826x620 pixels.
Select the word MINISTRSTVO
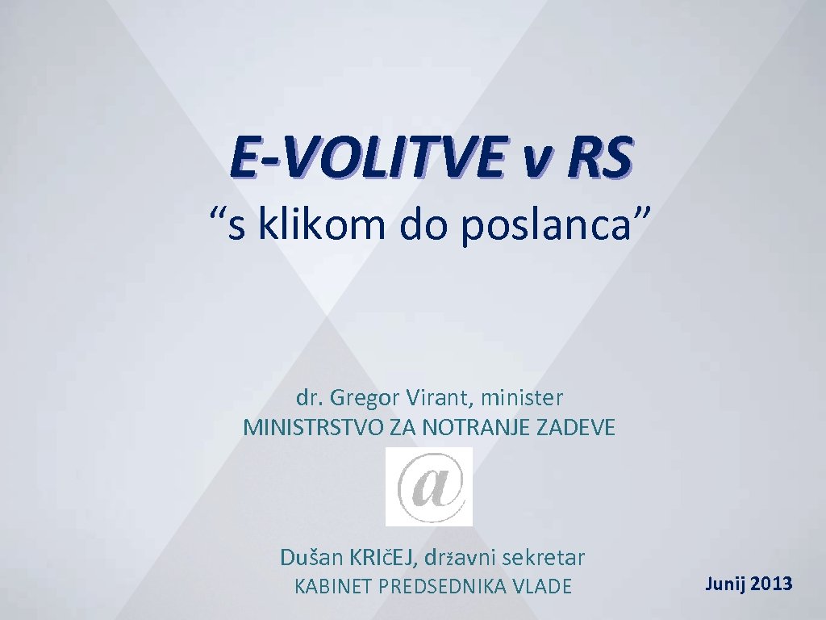pyautogui.click(x=314, y=428)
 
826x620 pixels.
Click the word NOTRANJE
pyautogui.click(x=468, y=428)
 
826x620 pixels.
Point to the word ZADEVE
pyautogui.click(x=575, y=428)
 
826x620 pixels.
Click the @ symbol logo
pyautogui.click(x=428, y=487)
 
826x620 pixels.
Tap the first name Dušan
pyautogui.click(x=311, y=557)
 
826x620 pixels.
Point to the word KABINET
pyautogui.click(x=332, y=587)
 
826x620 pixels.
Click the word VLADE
pyautogui.click(x=542, y=587)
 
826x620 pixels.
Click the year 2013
pyautogui.click(x=772, y=584)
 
